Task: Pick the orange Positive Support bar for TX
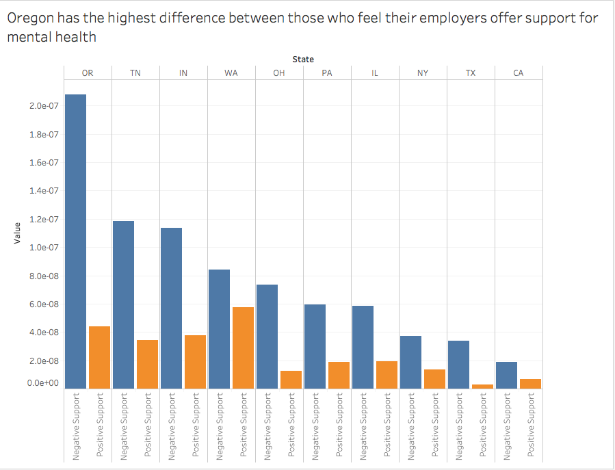point(482,386)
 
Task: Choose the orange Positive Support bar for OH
point(291,379)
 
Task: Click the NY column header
point(423,73)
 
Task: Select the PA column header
point(327,73)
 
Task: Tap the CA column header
point(518,73)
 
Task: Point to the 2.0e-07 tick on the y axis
point(43,106)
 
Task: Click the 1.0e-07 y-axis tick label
point(43,248)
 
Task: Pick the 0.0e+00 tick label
point(42,383)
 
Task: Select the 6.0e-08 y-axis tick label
point(43,304)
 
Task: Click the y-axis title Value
point(17,234)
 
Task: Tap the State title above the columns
point(303,60)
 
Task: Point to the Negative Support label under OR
point(76,425)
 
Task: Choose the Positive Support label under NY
point(434,425)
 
